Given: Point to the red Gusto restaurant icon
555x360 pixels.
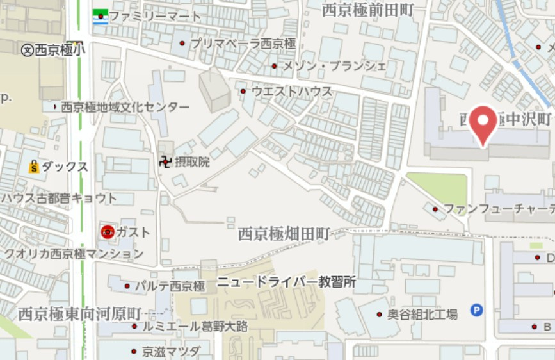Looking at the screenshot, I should pos(108,232).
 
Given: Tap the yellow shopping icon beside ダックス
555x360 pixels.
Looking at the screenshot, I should pos(33,167).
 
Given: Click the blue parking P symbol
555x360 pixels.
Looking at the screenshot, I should pos(476,310).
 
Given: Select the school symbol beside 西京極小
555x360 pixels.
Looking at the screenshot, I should pos(27,51).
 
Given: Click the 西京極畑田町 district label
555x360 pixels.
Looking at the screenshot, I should pos(284,234).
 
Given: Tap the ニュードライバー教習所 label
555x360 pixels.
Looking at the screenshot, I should pos(286,282).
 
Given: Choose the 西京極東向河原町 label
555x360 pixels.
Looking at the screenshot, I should pos(79,314).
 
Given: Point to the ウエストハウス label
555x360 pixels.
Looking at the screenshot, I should pos(292,92).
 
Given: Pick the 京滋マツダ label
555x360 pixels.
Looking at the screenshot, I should pos(171,352).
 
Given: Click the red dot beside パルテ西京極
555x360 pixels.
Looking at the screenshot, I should pos(127,286).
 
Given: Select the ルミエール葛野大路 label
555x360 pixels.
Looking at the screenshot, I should pos(195,327).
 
